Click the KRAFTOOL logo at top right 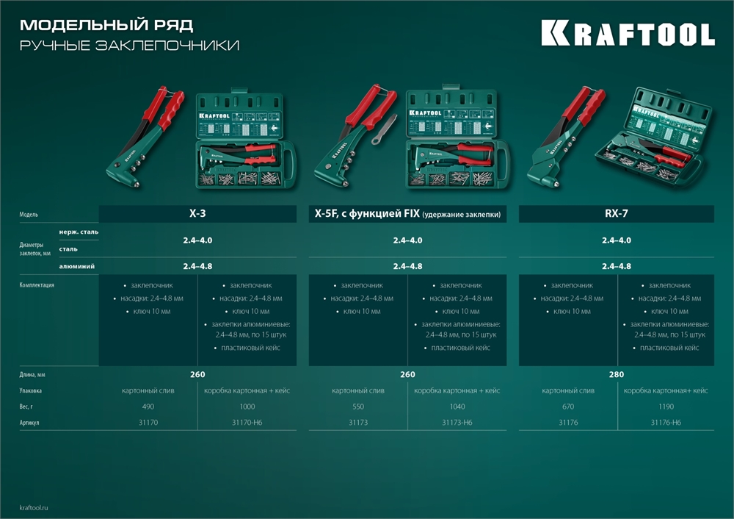(x=628, y=34)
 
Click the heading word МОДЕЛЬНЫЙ (x=70, y=25)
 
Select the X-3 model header (x=197, y=214)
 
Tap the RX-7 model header (x=616, y=214)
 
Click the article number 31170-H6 (x=247, y=423)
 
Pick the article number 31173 (x=357, y=423)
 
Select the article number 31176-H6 (x=666, y=423)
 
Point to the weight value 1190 (x=666, y=407)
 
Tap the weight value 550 (x=357, y=407)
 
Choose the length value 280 (x=617, y=375)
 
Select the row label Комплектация (x=37, y=284)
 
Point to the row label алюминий (x=76, y=266)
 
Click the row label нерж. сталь (x=79, y=232)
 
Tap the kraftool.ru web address (x=34, y=507)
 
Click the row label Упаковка (x=32, y=391)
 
